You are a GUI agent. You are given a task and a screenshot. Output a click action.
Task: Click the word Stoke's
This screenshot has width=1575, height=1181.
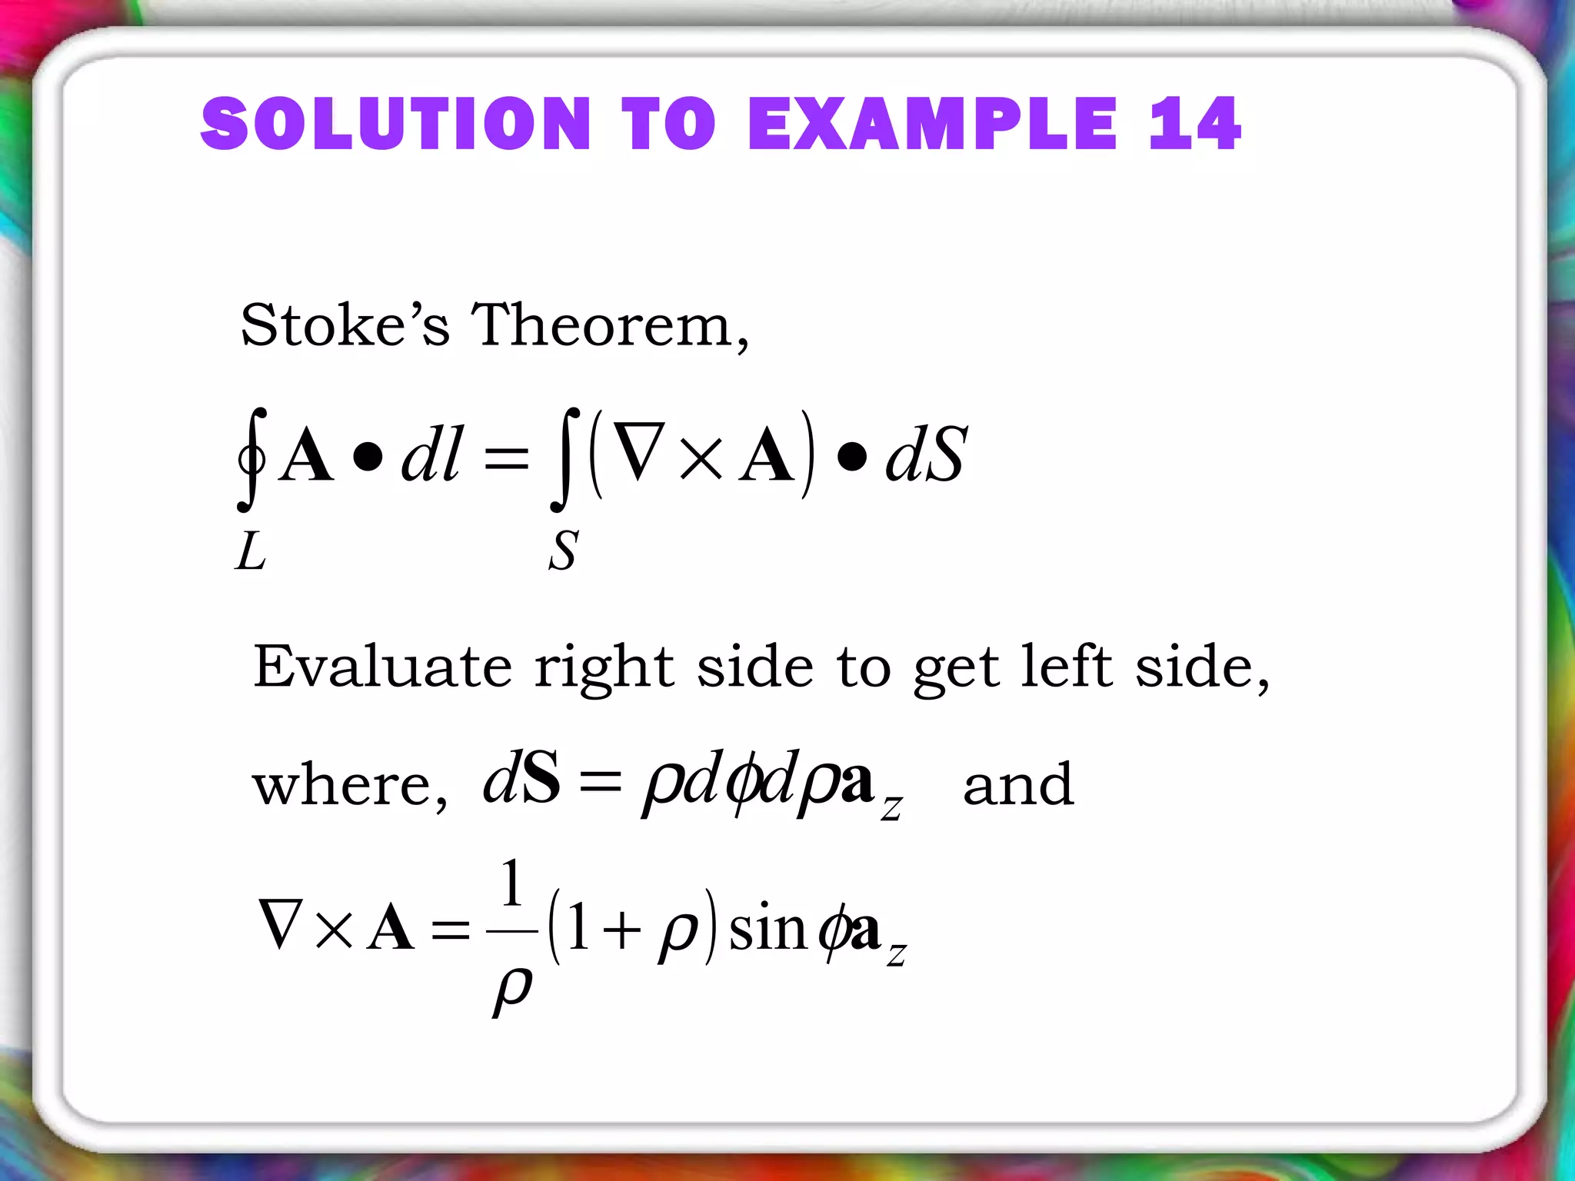click(x=345, y=325)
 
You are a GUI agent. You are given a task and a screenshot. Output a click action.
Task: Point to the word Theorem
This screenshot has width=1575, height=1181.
click(x=608, y=325)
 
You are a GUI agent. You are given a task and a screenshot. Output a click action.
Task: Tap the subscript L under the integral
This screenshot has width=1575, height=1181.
click(x=251, y=551)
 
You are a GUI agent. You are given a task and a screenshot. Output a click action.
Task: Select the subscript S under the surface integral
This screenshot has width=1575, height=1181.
click(x=563, y=551)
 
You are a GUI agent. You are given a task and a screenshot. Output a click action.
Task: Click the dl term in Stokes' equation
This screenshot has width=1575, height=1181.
click(x=431, y=455)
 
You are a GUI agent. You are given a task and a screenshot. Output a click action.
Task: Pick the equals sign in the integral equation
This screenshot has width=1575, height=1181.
click(x=506, y=459)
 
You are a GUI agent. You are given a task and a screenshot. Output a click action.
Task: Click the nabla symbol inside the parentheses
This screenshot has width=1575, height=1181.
click(x=639, y=455)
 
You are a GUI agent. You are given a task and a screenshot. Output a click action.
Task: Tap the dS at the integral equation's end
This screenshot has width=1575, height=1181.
click(x=925, y=455)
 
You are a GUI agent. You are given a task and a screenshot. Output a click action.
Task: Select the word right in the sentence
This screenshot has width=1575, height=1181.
click(x=604, y=667)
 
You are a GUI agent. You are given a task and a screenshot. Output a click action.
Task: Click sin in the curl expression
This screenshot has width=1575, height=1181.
click(x=766, y=929)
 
